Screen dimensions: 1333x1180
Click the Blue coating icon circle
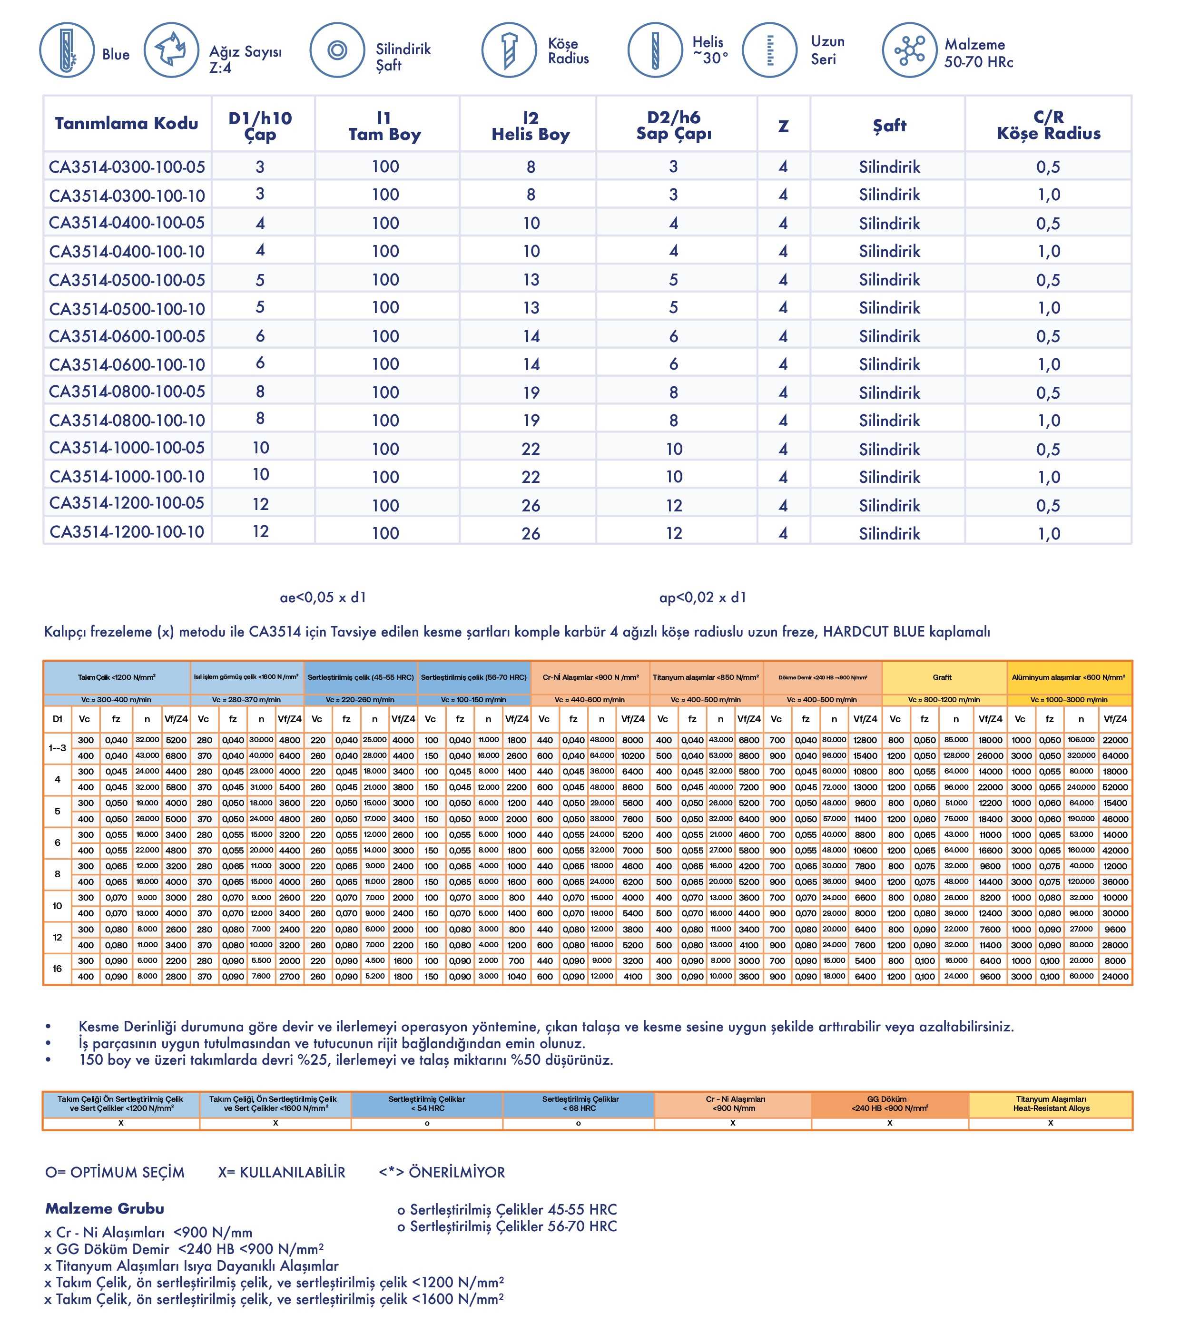67,50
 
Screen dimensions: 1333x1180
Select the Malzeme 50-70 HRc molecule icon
909,50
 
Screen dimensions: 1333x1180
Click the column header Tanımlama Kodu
127,124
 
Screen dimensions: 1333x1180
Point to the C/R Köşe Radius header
1048,125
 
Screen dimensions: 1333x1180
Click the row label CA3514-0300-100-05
127,167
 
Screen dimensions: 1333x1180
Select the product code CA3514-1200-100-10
127,532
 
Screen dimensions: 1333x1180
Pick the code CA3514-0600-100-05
127,336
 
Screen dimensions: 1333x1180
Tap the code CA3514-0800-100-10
127,421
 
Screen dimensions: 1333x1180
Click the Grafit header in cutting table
942,677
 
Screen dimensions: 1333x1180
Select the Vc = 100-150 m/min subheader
473,700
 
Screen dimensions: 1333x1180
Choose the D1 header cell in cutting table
58,719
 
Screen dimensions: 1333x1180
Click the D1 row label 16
58,969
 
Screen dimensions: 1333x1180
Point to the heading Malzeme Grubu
104,1208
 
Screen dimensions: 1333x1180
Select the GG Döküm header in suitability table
889,1103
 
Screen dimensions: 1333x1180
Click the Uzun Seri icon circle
770,50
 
